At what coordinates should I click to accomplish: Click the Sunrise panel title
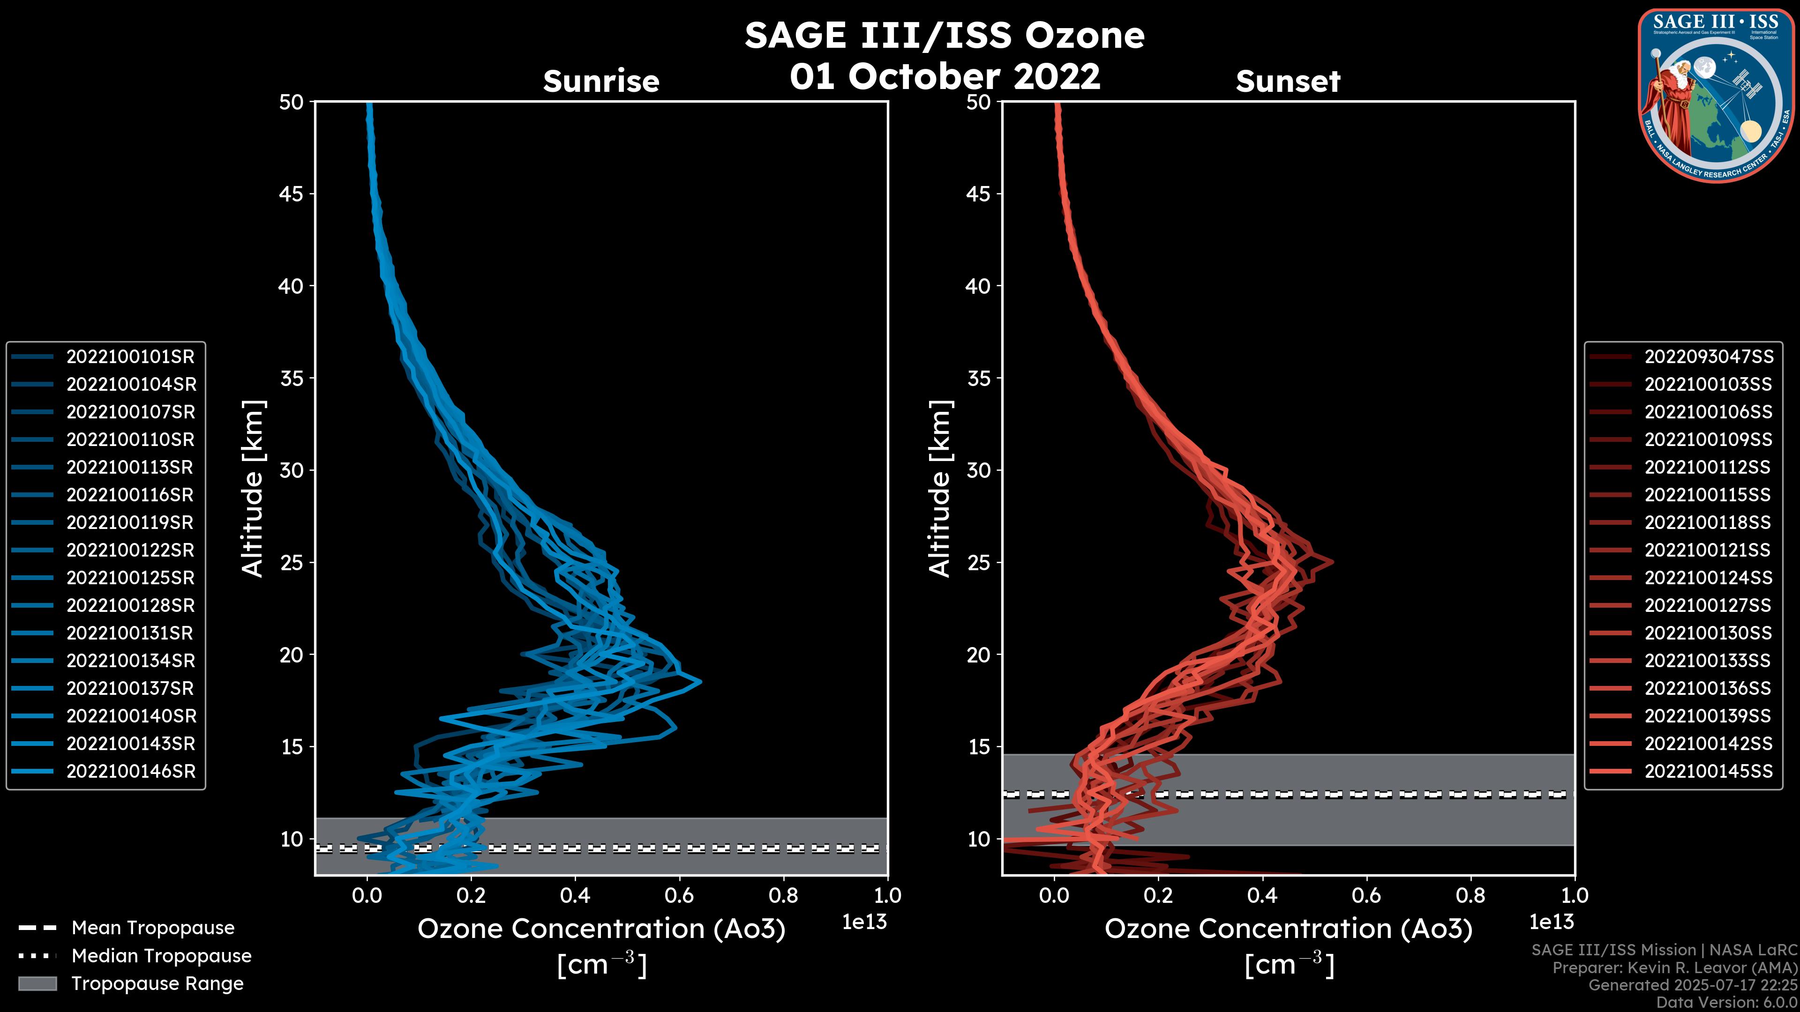(x=601, y=81)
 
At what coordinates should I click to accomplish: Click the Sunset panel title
(x=1288, y=81)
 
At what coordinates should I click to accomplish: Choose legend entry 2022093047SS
(x=1709, y=357)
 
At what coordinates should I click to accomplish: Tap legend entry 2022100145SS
(x=1709, y=771)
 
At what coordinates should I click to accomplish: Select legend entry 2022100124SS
(x=1709, y=578)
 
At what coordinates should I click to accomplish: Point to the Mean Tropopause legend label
(x=153, y=928)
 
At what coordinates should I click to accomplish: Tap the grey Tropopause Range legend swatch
(x=37, y=983)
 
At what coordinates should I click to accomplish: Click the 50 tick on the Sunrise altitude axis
(x=292, y=103)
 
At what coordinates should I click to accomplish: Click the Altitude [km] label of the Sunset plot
(x=940, y=489)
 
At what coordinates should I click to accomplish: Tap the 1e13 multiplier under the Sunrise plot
(x=864, y=922)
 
